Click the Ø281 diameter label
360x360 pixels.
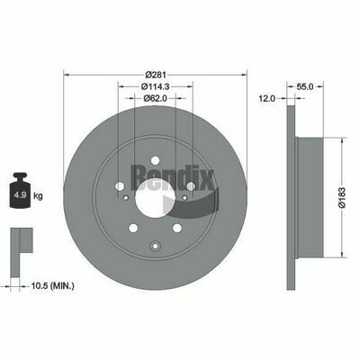point(156,75)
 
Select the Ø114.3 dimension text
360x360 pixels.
point(156,86)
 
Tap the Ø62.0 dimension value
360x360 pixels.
point(156,98)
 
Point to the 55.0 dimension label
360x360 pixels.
point(305,86)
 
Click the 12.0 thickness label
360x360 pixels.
point(267,98)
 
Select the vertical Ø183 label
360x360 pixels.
point(342,197)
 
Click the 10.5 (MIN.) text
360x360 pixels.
point(53,286)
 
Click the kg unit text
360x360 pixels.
point(38,196)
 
